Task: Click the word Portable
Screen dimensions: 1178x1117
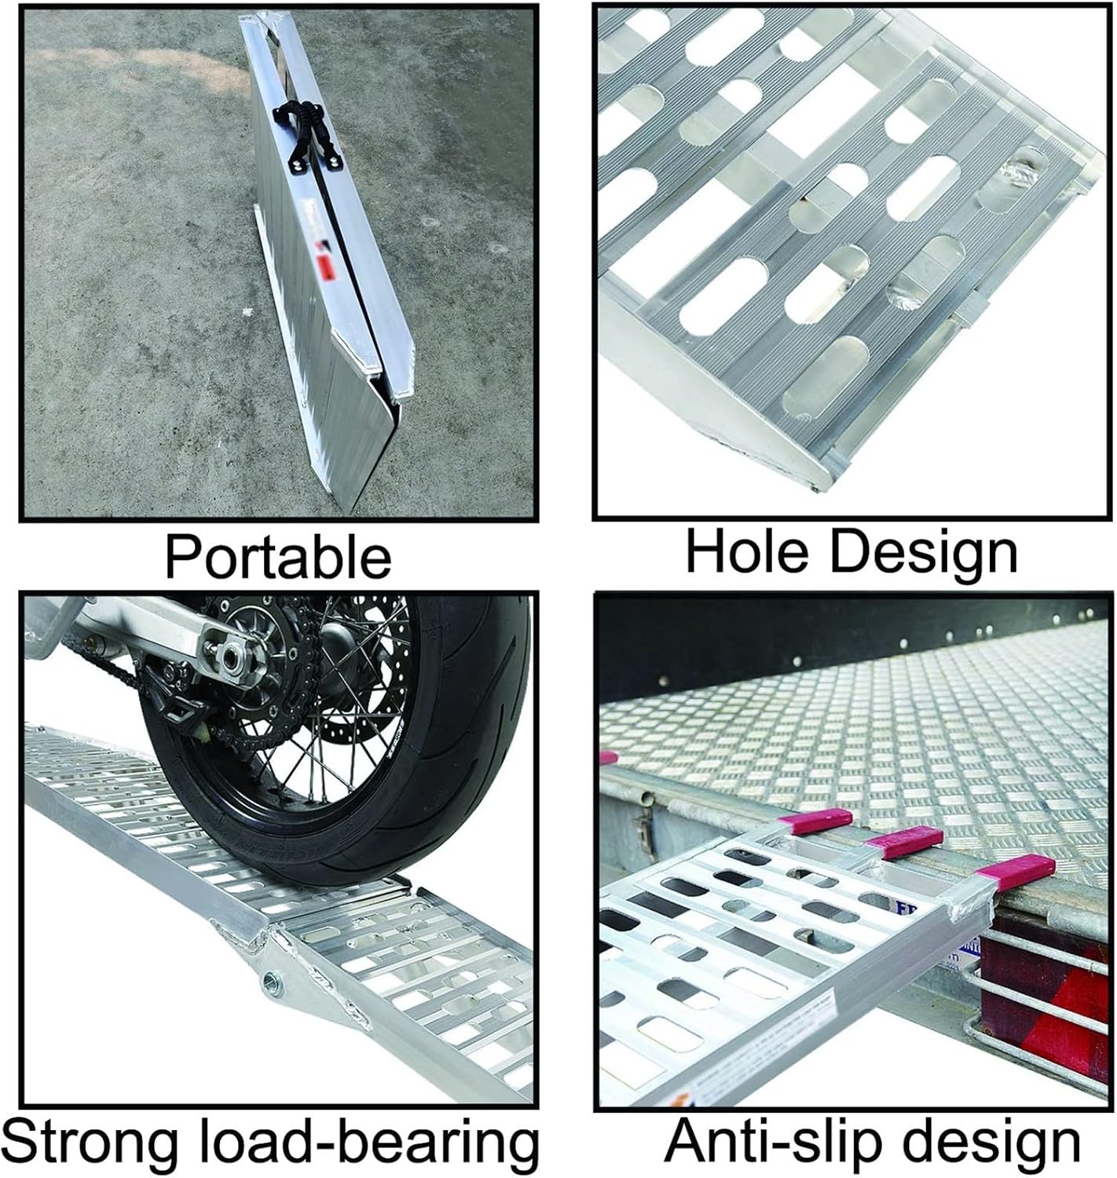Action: [277, 557]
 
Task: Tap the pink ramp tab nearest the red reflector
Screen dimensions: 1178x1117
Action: [1018, 871]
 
